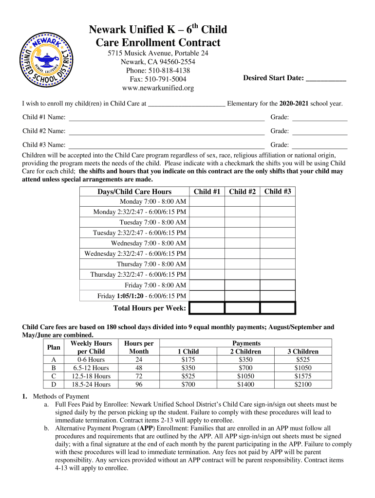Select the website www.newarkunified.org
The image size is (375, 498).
(x=151, y=88)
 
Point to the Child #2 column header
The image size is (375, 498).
(x=242, y=192)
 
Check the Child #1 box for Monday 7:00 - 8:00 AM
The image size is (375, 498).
(x=207, y=201)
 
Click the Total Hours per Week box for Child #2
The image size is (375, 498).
(x=242, y=308)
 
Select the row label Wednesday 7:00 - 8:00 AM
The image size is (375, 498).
(x=149, y=243)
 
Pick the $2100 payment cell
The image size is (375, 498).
(x=303, y=384)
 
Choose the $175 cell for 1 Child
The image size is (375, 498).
(x=188, y=359)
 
